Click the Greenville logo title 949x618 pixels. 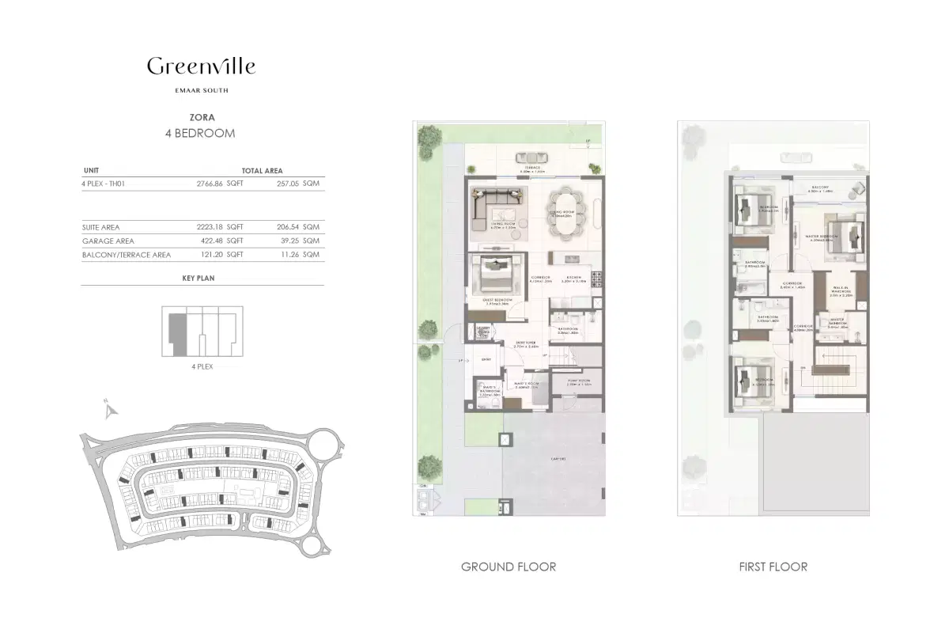pos(201,66)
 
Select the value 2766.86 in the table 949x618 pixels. pos(210,183)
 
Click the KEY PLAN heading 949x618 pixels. pos(198,279)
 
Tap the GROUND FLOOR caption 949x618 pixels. pos(508,567)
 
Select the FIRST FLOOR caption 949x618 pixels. pos(773,567)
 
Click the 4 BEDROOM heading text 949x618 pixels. pos(199,133)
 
